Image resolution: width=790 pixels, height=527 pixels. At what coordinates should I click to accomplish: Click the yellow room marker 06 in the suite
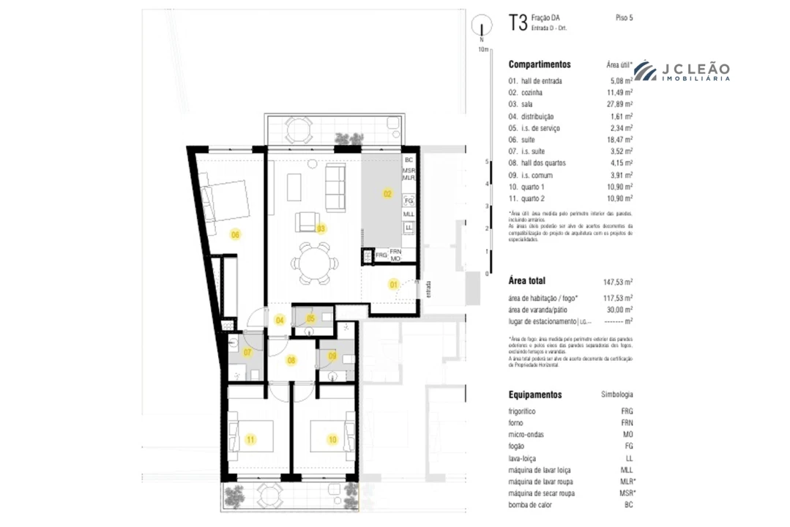(x=235, y=234)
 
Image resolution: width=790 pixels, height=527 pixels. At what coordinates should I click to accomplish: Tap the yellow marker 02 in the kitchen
(x=387, y=194)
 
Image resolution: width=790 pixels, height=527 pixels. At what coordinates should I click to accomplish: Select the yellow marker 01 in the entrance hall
(x=392, y=284)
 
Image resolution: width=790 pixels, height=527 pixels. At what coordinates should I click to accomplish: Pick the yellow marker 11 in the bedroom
(x=251, y=440)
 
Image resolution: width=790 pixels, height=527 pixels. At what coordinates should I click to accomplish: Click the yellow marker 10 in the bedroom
(x=332, y=440)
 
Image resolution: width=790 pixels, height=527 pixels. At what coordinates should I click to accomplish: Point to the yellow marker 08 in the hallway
(x=291, y=360)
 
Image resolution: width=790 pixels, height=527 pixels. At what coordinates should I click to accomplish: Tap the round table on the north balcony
(x=299, y=131)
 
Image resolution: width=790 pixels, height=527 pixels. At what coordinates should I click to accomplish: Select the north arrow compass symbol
(x=482, y=29)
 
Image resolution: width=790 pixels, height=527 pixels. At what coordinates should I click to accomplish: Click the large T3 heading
(x=518, y=22)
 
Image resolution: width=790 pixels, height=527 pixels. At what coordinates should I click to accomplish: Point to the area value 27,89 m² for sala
(x=620, y=105)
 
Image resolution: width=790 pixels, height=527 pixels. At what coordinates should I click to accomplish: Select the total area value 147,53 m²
(x=619, y=281)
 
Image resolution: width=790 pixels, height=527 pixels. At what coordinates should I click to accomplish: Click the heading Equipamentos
(x=535, y=395)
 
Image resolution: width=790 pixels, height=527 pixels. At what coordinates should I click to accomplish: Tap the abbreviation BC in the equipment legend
(x=627, y=505)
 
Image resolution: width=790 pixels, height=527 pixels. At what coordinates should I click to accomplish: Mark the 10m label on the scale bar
(x=482, y=49)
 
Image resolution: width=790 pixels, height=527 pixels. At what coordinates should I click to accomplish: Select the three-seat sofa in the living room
(x=335, y=187)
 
